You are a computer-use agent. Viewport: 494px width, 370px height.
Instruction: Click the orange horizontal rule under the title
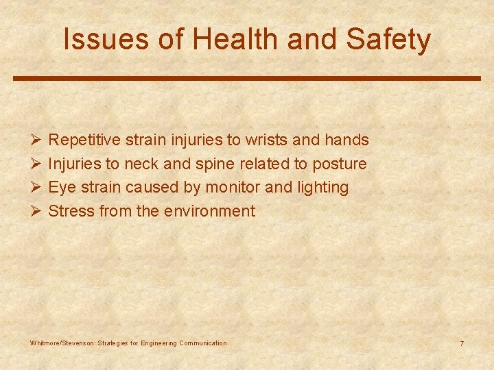(247, 78)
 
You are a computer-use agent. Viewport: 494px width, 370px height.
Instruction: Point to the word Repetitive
(86, 140)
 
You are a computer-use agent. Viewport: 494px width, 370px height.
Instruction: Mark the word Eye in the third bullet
(60, 188)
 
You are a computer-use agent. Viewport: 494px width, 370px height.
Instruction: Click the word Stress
(71, 211)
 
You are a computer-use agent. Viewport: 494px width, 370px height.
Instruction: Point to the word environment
(209, 211)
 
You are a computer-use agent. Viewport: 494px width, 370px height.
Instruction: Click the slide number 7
(462, 343)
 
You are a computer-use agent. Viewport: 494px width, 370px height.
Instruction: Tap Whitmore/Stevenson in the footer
(63, 343)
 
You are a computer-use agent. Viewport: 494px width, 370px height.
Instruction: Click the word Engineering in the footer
(158, 343)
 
